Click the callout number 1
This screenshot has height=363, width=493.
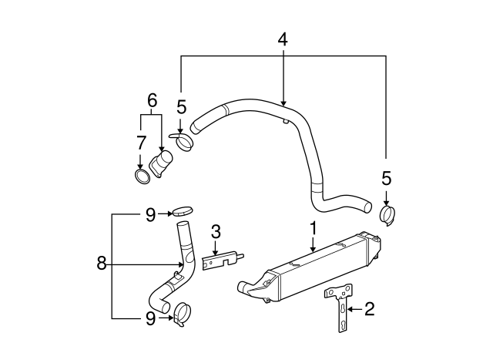pyautogui.click(x=314, y=228)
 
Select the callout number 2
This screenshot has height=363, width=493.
pyautogui.click(x=369, y=309)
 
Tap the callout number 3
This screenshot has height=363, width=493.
pyautogui.click(x=216, y=230)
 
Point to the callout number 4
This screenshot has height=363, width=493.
pyautogui.click(x=283, y=39)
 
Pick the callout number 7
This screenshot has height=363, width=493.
pyautogui.click(x=140, y=143)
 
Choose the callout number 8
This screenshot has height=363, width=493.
pyautogui.click(x=101, y=264)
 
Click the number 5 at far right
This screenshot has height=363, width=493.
pyautogui.click(x=387, y=178)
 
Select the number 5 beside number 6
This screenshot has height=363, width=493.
pyautogui.click(x=182, y=106)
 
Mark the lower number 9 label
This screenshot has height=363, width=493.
pyautogui.click(x=151, y=316)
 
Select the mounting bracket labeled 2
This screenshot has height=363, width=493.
pyautogui.click(x=340, y=306)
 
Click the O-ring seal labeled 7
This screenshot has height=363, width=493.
pyautogui.click(x=141, y=178)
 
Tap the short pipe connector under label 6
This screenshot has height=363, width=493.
pyautogui.click(x=162, y=166)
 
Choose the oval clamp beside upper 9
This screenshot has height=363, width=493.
pyautogui.click(x=181, y=210)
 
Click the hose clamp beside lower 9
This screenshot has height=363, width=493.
pyautogui.click(x=183, y=314)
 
